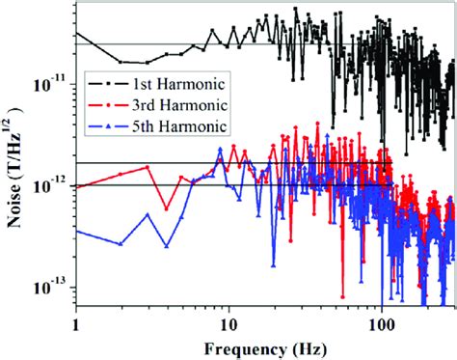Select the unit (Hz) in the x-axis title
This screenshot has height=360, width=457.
pyautogui.click(x=287, y=346)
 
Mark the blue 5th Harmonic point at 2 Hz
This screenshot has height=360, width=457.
pyautogui.click(x=121, y=243)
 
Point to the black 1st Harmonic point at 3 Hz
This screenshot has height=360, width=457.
pyautogui.click(x=148, y=60)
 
